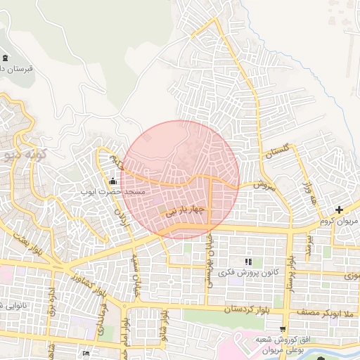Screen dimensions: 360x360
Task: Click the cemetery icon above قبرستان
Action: pos(6,58)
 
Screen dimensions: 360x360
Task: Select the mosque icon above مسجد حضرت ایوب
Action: pos(112,182)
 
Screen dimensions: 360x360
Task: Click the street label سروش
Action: pos(260,185)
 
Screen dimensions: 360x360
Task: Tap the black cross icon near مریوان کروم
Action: pos(340,210)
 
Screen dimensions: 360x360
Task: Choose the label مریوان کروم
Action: pos(340,221)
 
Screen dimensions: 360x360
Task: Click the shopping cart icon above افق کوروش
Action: pos(283,328)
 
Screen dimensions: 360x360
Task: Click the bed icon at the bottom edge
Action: pos(86,353)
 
